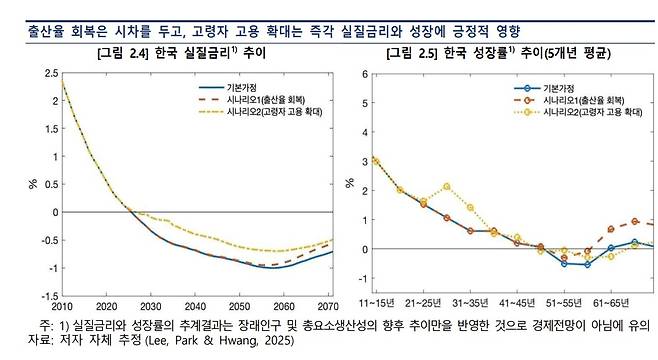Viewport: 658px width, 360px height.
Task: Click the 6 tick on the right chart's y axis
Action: [365, 74]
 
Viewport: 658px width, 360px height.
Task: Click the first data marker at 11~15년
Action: [376, 160]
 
